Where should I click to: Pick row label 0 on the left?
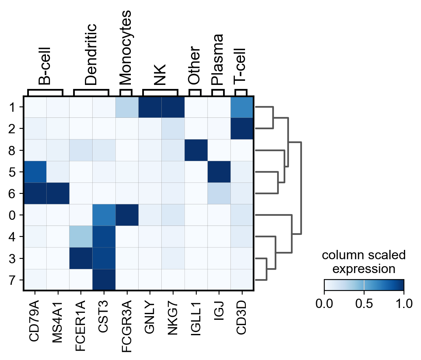12,215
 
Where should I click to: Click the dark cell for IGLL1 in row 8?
196,150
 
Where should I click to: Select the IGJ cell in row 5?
219,172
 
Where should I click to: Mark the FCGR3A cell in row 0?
127,215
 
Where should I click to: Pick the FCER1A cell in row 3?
81,258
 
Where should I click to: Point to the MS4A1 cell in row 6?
58,193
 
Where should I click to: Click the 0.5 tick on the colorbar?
364,303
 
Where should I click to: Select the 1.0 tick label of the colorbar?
404,303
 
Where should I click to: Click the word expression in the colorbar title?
364,269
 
